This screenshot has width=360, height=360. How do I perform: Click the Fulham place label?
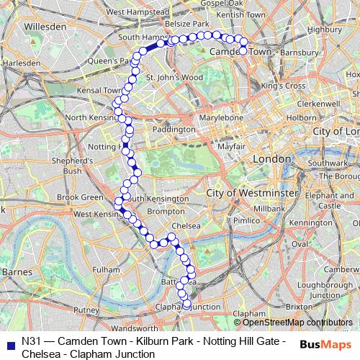pos(106,269)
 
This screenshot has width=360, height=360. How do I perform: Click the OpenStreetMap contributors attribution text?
pos(292,323)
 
